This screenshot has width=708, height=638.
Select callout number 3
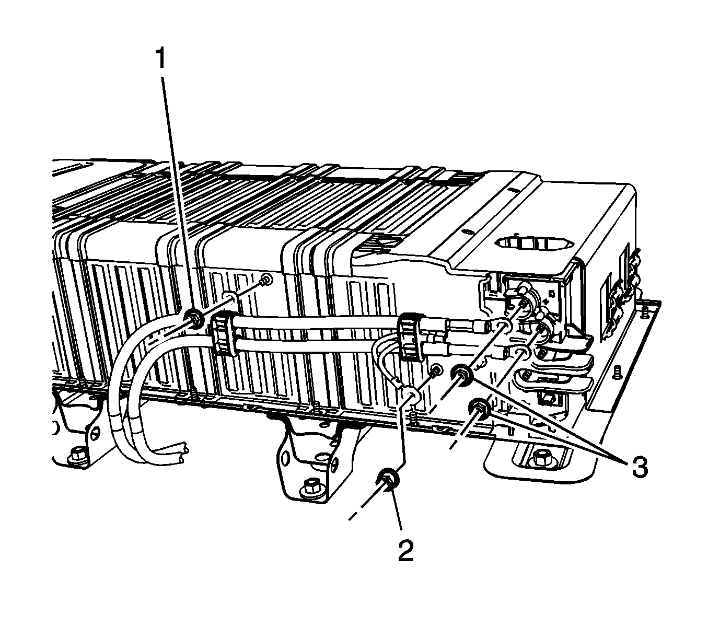639,467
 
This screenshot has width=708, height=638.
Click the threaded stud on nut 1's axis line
266,281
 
